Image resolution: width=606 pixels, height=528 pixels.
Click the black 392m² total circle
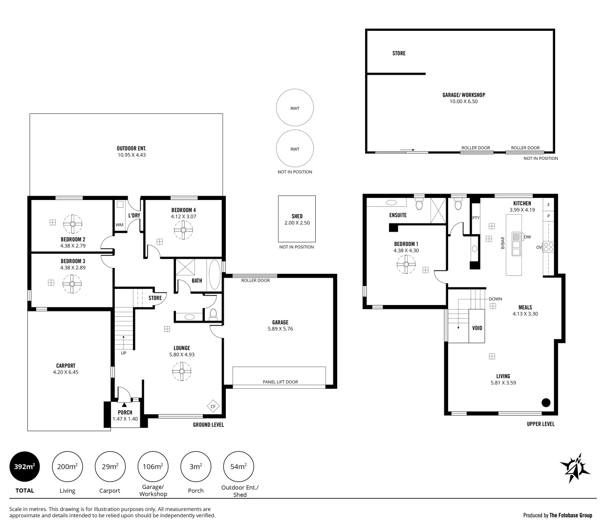pyautogui.click(x=25, y=466)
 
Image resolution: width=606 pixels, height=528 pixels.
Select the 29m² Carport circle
pyautogui.click(x=110, y=466)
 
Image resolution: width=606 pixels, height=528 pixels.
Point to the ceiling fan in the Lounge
pyautogui.click(x=181, y=371)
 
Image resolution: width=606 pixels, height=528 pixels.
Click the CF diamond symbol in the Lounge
pyautogui.click(x=213, y=406)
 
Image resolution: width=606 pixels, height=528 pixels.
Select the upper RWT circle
pyautogui.click(x=295, y=108)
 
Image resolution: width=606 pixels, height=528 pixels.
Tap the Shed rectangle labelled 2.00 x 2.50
pyautogui.click(x=297, y=219)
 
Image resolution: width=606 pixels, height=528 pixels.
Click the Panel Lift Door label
pyautogui.click(x=280, y=382)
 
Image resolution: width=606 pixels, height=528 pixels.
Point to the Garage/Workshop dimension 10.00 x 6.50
pyautogui.click(x=463, y=102)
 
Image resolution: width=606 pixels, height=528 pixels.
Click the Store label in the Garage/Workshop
pyautogui.click(x=399, y=53)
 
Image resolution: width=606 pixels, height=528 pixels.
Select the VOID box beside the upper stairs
pyautogui.click(x=477, y=327)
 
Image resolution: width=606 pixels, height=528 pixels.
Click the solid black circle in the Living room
pyautogui.click(x=546, y=403)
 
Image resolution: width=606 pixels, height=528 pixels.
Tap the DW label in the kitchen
pyautogui.click(x=527, y=237)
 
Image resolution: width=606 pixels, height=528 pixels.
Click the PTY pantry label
pyautogui.click(x=476, y=218)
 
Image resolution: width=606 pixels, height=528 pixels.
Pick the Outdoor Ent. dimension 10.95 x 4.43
pyautogui.click(x=131, y=155)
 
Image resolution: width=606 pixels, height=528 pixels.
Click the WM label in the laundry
pyautogui.click(x=119, y=225)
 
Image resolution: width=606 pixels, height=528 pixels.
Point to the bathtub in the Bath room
pyautogui.click(x=215, y=275)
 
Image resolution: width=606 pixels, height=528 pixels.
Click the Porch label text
pyautogui.click(x=125, y=413)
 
